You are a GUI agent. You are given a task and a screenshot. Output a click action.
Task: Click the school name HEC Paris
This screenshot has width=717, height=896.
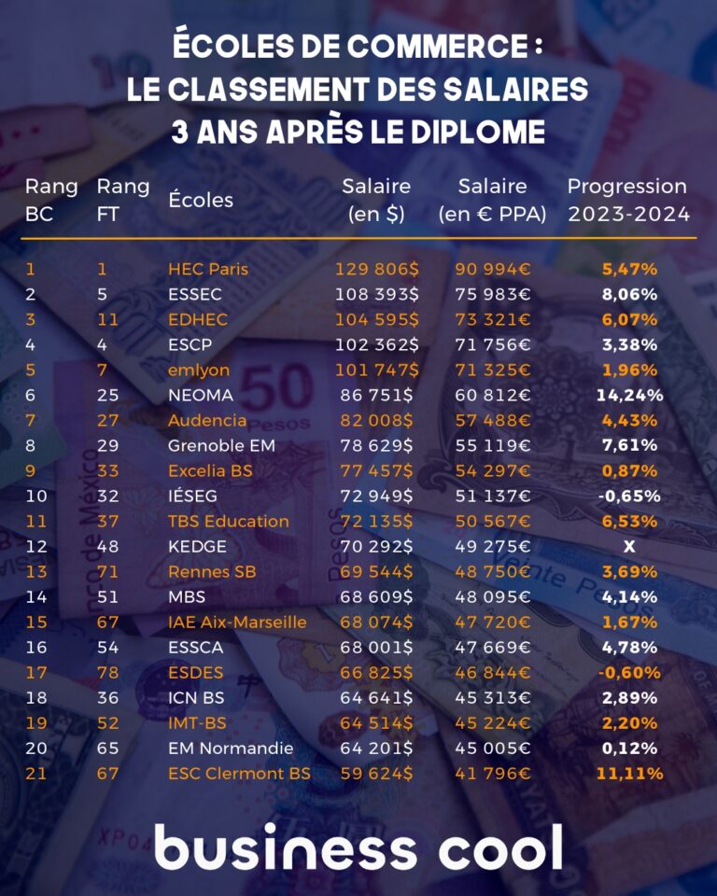(208, 269)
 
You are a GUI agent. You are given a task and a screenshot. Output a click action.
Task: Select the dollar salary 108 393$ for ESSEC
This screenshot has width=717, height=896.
(376, 294)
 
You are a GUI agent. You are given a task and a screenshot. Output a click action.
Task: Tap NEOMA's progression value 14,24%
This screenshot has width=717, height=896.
(629, 395)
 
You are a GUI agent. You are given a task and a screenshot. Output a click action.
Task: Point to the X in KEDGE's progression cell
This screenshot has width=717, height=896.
(629, 546)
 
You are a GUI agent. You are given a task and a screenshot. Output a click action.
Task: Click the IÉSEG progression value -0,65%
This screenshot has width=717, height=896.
(629, 496)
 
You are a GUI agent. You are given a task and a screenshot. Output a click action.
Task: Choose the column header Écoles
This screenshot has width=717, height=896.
(201, 200)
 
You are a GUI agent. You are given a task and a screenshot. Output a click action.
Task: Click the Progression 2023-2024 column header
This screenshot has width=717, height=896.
(628, 200)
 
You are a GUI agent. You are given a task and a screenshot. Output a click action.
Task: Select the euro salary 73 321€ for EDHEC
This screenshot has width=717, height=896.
(492, 319)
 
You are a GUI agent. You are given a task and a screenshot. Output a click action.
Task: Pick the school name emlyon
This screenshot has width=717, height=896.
(198, 370)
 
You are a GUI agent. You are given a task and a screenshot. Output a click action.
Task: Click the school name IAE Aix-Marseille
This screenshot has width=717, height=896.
(237, 622)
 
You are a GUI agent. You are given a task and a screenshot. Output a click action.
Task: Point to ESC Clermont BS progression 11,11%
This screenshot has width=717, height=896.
(629, 773)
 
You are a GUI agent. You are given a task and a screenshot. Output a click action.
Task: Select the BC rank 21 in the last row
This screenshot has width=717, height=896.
(35, 773)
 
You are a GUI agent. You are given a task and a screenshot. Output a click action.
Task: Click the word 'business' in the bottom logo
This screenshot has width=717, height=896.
(285, 848)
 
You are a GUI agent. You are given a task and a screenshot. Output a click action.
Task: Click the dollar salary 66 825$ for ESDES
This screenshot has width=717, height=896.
(376, 672)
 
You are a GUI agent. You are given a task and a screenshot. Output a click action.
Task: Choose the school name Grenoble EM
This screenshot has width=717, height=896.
(221, 445)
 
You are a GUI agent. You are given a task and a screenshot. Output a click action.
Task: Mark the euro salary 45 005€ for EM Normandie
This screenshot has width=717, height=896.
(492, 748)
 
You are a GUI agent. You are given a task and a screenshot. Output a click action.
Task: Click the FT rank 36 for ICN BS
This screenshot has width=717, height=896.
(108, 697)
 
